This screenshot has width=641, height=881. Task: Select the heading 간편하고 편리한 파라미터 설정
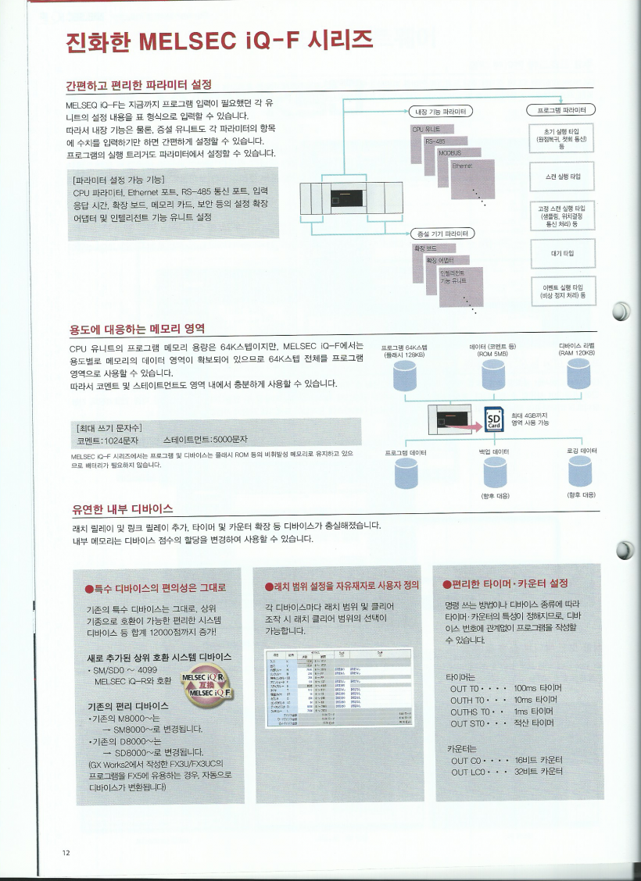[139, 84]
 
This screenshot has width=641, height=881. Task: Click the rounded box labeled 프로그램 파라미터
[562, 109]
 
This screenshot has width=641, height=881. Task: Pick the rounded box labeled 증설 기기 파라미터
[444, 233]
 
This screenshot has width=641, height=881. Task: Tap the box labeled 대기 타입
[562, 252]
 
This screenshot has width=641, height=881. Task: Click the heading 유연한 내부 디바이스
[121, 510]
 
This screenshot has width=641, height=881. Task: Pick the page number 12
[66, 851]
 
